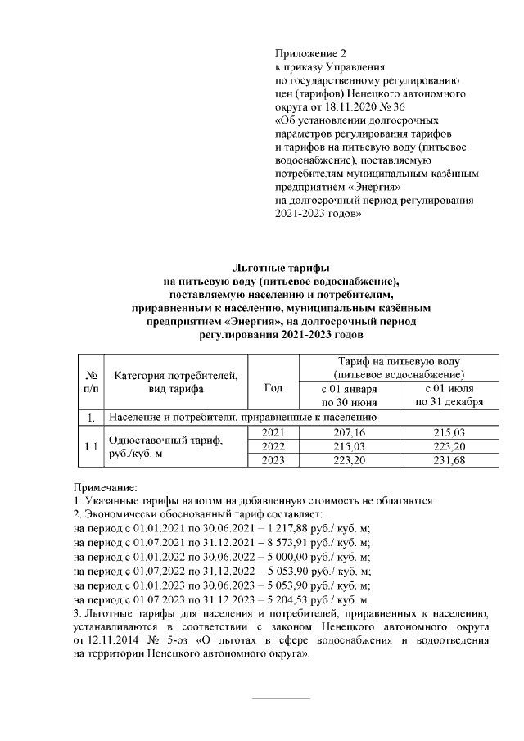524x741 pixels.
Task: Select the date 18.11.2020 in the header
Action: coord(352,107)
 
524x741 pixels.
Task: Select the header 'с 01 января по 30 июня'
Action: coord(350,395)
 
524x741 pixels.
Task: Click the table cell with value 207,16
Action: coord(350,431)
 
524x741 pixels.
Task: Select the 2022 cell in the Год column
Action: coord(273,446)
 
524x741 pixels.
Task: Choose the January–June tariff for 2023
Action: coord(350,461)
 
